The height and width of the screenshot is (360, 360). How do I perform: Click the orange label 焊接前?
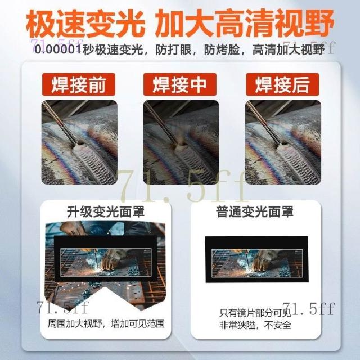79,84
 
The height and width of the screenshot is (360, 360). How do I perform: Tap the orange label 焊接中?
180,84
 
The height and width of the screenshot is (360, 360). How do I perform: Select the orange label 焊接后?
282,84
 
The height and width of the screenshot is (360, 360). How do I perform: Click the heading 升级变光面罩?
106,211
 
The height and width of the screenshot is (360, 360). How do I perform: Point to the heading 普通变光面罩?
255,211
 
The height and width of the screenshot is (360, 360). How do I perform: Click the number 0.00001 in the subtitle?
58,49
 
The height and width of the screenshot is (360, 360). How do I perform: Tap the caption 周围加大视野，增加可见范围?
106,324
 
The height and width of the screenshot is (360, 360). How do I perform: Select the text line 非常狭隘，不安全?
255,325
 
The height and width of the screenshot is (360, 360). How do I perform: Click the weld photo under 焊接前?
79,142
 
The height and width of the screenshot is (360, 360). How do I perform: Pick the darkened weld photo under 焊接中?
181,142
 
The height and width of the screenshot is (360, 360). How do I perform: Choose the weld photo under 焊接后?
283,142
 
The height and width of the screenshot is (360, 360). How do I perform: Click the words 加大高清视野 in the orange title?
245,23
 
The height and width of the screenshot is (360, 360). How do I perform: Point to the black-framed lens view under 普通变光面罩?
256,259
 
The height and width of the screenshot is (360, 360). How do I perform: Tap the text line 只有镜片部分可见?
255,313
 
